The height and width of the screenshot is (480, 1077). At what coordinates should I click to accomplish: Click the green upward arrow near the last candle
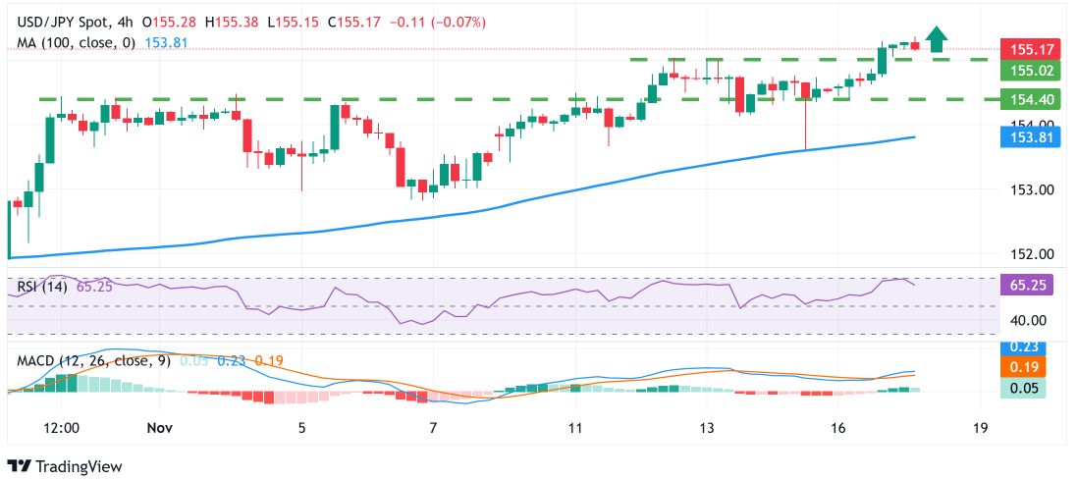(x=938, y=39)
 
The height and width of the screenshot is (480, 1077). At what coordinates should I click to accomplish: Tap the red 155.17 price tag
(x=1021, y=49)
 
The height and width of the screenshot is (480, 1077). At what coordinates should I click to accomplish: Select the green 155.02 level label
(x=1021, y=71)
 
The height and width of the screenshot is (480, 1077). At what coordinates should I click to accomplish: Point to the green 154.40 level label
(x=1021, y=99)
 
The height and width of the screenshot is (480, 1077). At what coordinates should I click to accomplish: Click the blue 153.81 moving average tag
(x=1021, y=137)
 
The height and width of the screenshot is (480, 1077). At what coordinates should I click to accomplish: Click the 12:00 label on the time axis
(x=62, y=428)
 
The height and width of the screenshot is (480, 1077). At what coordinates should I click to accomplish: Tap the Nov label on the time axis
(x=158, y=428)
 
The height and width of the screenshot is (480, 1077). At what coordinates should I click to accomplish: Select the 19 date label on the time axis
(x=980, y=428)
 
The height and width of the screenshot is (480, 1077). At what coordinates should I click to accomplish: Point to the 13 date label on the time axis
(x=707, y=428)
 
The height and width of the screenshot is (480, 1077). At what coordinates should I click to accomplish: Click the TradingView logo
(x=67, y=465)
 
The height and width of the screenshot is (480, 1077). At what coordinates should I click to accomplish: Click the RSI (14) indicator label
(x=42, y=289)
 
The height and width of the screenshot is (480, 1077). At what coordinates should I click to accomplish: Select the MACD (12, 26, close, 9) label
(x=94, y=360)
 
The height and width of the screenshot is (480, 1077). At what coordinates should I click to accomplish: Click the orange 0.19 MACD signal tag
(x=1021, y=367)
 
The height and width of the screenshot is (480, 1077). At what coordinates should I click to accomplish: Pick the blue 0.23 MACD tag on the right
(x=1021, y=347)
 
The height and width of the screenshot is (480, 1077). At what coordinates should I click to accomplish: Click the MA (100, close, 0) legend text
(x=75, y=43)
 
